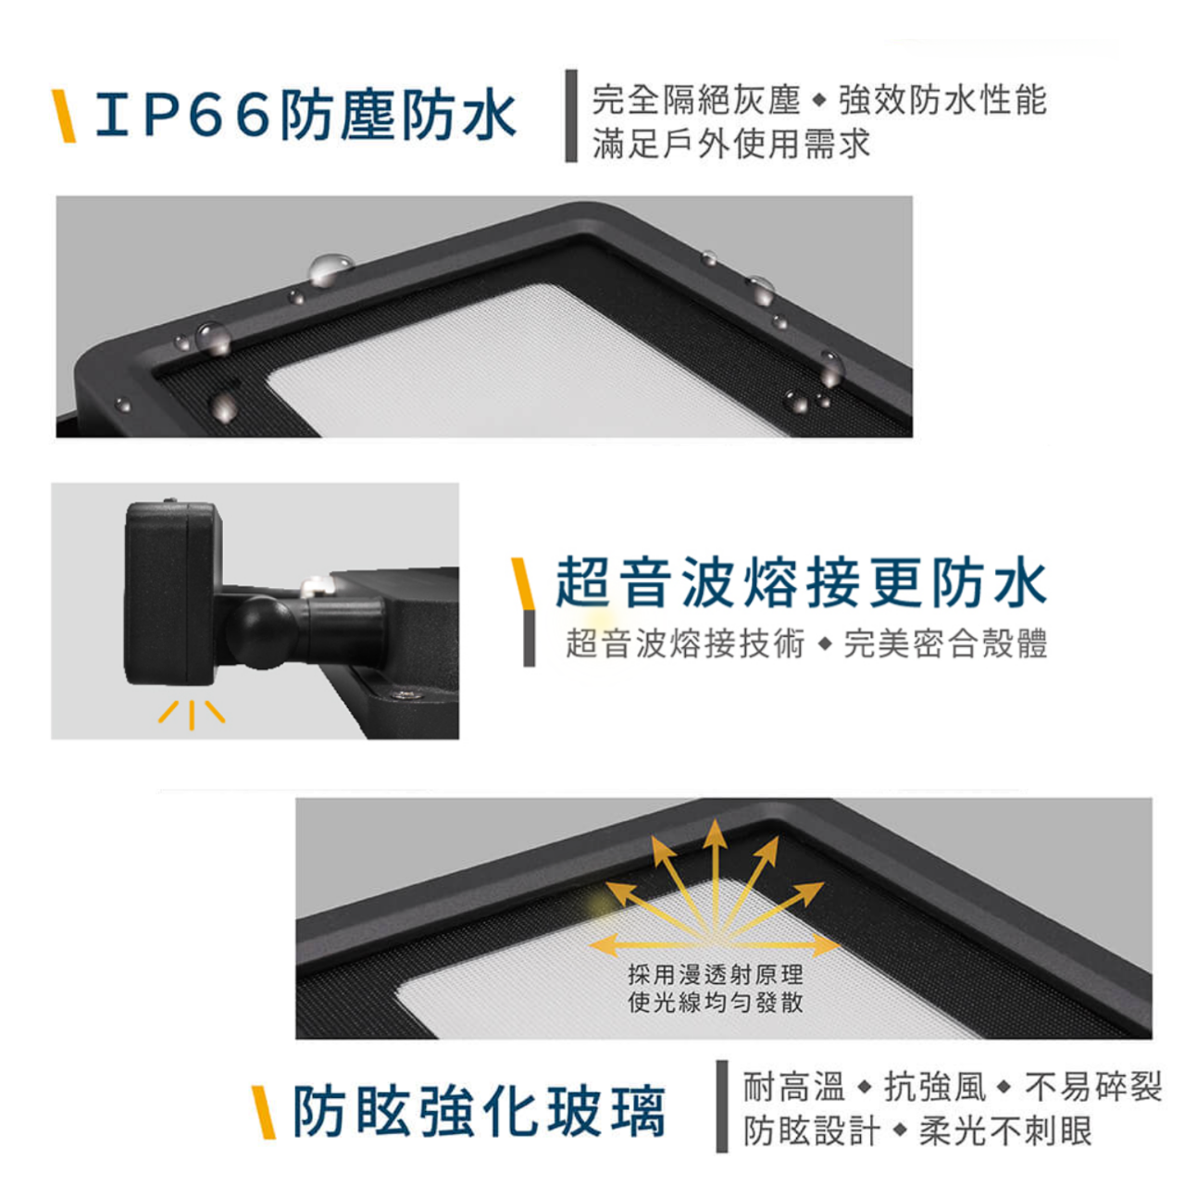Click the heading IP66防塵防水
306,116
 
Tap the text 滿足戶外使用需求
731,143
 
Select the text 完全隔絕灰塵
696,100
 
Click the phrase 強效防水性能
942,100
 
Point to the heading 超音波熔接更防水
801,582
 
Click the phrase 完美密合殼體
945,643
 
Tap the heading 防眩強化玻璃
479,1111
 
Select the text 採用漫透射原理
716,974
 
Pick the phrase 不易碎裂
1092,1087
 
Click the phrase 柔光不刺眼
1004,1130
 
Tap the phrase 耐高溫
794,1087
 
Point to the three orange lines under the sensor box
192,714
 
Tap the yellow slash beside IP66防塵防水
64,117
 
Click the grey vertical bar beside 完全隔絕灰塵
571,116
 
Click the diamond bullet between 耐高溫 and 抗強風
865,1088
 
